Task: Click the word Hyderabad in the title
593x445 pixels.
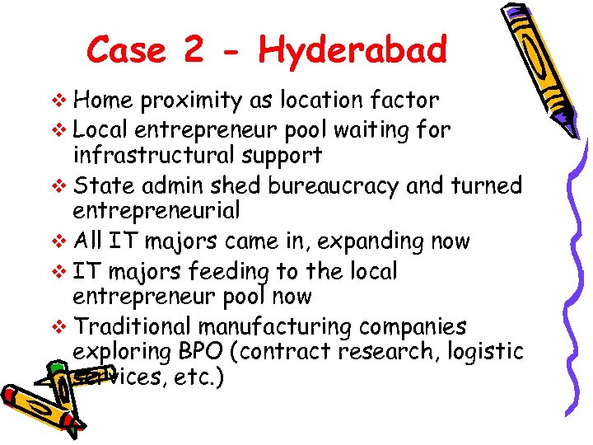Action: pyautogui.click(x=353, y=51)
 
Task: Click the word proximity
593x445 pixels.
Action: pyautogui.click(x=191, y=101)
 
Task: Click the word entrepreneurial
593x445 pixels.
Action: pyautogui.click(x=156, y=211)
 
